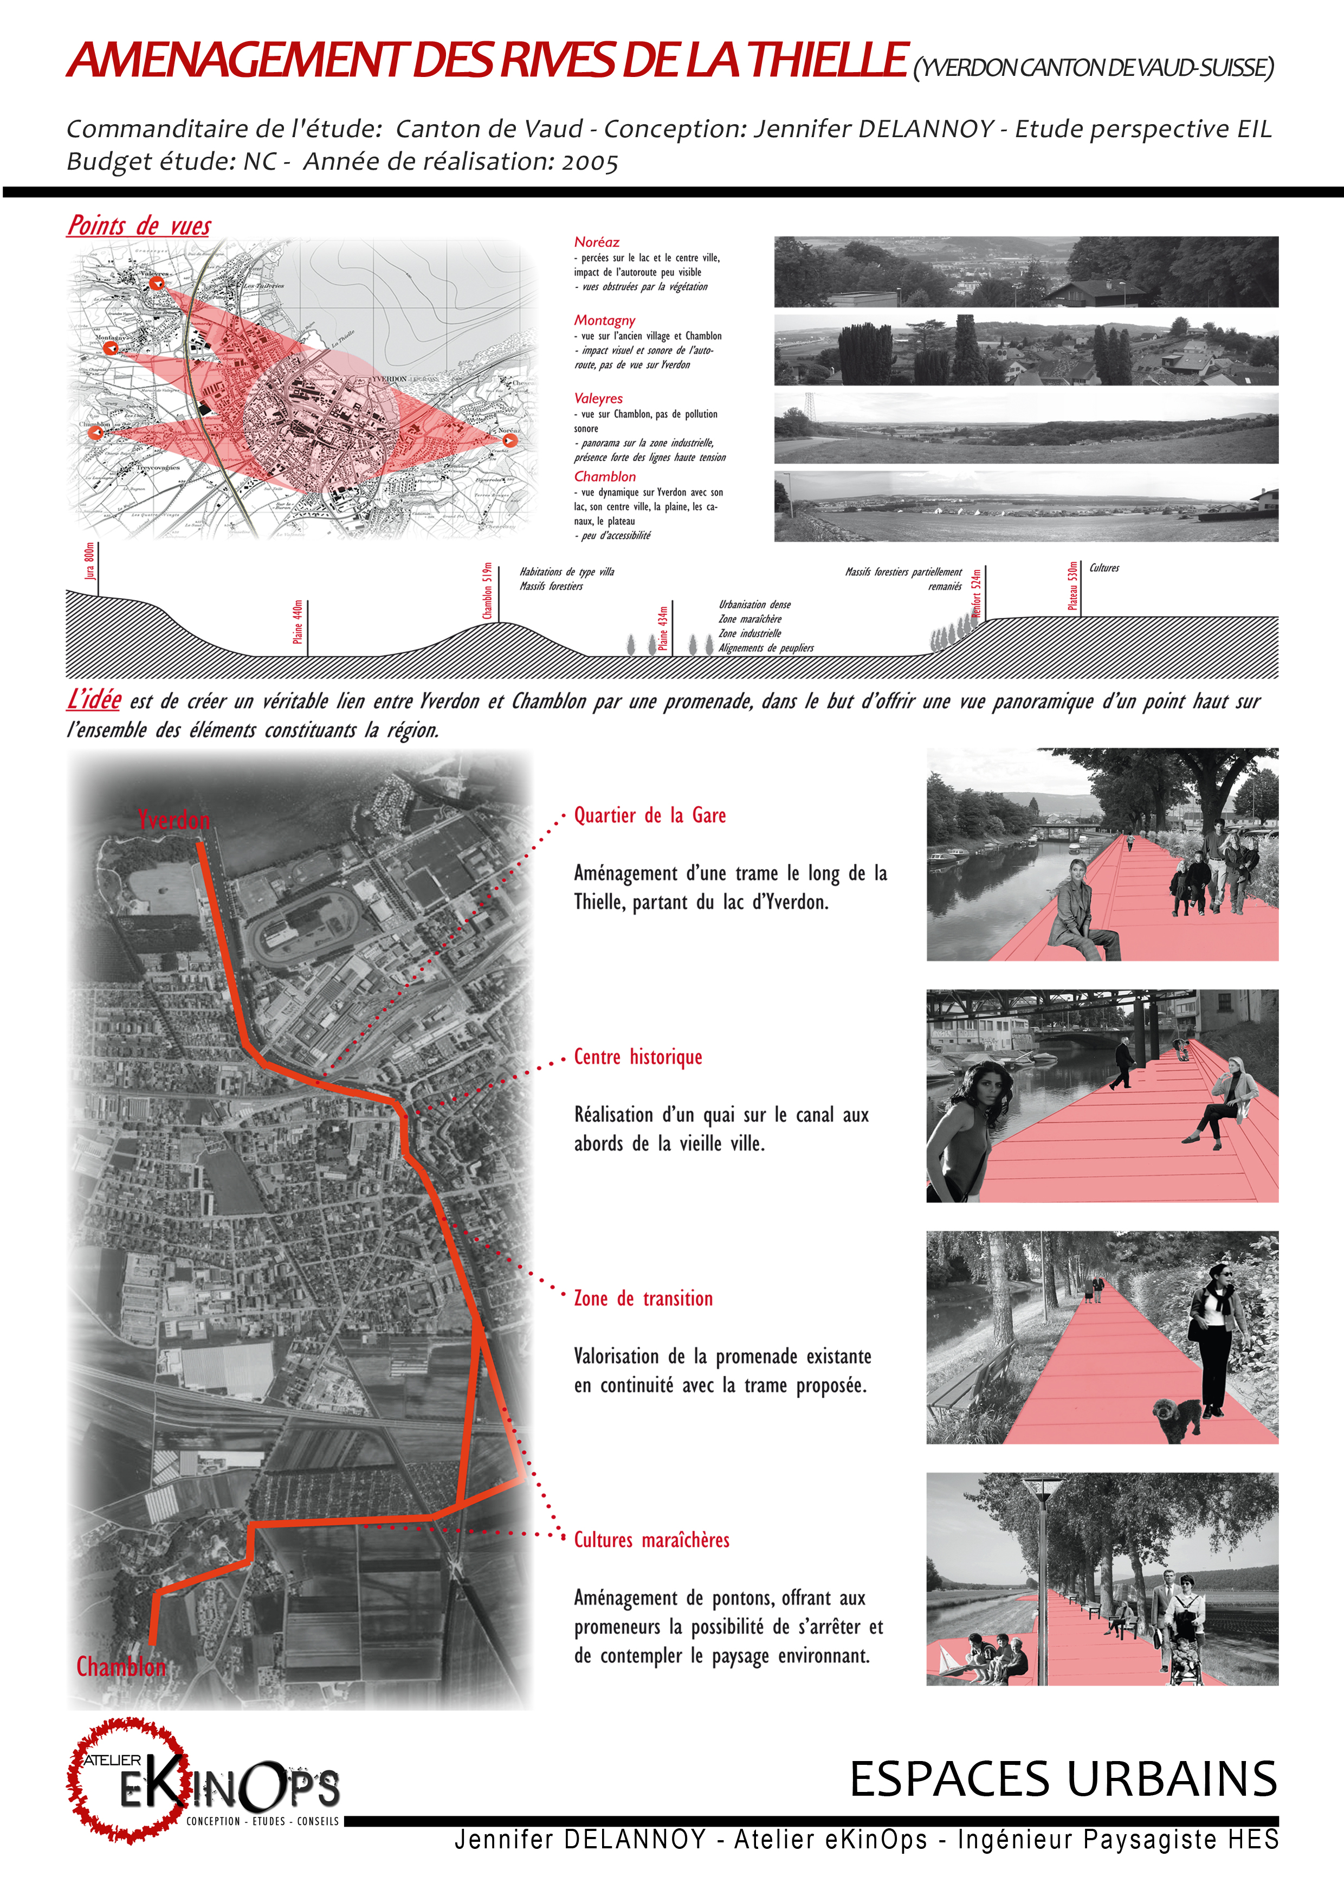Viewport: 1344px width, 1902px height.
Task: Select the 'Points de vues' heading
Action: [x=139, y=226]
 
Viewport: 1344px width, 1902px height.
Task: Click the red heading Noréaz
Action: [x=596, y=242]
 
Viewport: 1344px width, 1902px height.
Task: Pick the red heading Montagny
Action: [x=604, y=320]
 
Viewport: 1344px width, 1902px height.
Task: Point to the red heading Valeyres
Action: [x=598, y=399]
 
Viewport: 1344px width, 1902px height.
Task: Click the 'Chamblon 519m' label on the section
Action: [x=488, y=590]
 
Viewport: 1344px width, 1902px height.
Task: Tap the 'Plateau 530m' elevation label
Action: [x=1072, y=586]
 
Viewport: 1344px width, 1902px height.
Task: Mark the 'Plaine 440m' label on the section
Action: [x=298, y=622]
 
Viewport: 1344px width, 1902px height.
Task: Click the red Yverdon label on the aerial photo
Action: [x=174, y=820]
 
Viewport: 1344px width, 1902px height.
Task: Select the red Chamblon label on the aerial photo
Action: [x=121, y=1666]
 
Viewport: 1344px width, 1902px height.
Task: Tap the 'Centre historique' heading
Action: [x=638, y=1057]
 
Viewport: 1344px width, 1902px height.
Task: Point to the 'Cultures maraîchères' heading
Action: [x=652, y=1540]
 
